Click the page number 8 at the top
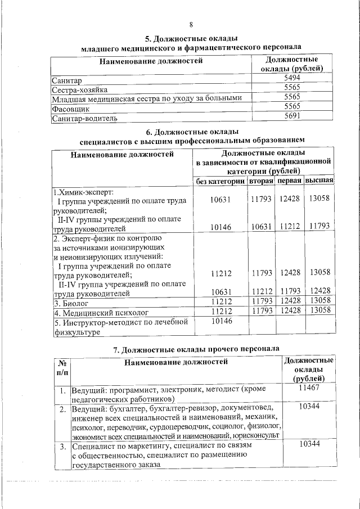191,25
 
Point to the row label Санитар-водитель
84,119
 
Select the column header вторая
261,181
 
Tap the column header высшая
319,181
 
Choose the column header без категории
220,181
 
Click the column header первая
290,181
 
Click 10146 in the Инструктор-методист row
220,322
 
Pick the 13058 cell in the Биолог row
319,301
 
